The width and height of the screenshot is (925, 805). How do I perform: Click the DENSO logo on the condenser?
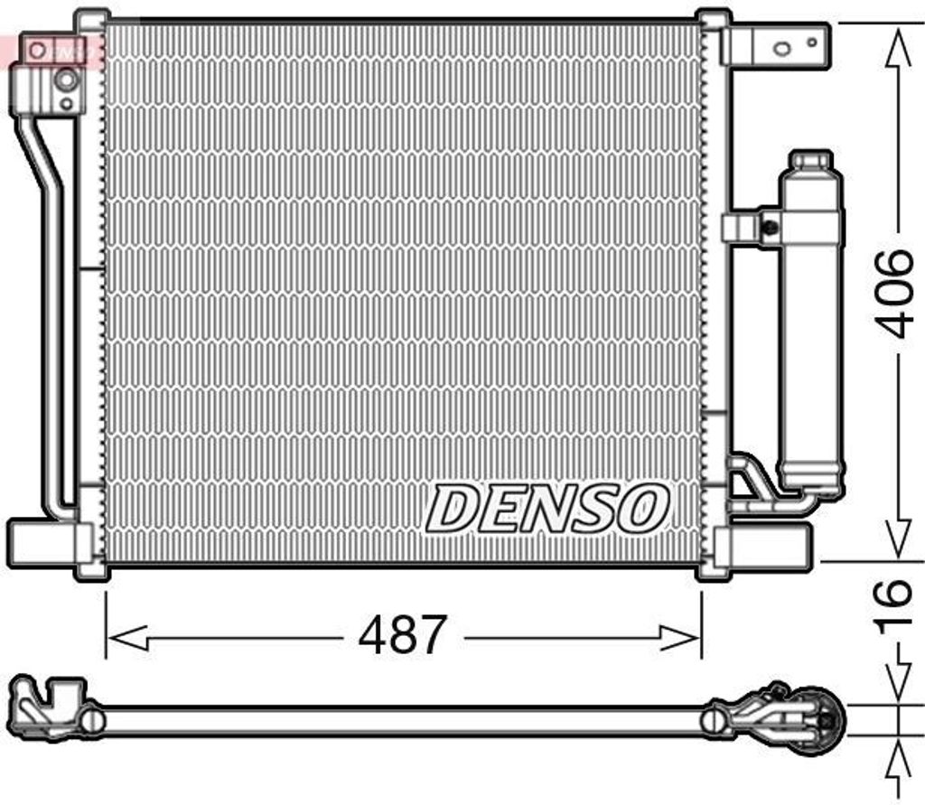click(547, 508)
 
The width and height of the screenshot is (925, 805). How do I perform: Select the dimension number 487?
click(403, 636)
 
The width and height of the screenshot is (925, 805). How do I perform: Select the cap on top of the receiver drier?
click(810, 162)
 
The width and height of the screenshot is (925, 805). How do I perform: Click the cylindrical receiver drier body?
click(810, 334)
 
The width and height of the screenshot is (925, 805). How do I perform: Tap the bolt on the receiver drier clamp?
click(770, 227)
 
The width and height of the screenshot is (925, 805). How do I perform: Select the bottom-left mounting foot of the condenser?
click(45, 540)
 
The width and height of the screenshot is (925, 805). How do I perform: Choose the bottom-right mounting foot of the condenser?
click(763, 544)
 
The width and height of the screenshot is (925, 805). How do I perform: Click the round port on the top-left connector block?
click(66, 80)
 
